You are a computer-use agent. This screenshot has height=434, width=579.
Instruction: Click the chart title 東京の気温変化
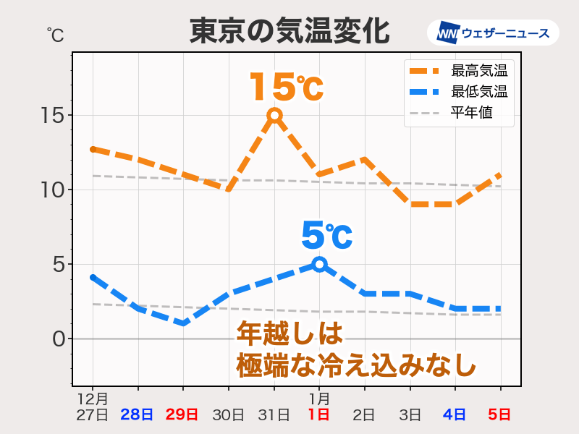pos(289,32)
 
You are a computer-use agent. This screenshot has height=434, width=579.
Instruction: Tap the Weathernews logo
pos(494,33)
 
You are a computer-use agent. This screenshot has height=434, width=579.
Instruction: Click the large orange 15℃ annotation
pos(285,88)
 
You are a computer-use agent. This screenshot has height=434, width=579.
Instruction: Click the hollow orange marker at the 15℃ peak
pos(274,115)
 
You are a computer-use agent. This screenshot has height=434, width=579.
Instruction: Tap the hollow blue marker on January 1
pos(319,264)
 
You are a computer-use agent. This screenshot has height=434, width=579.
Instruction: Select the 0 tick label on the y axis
pos(59,339)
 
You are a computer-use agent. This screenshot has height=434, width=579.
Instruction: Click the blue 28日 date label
pos(137,414)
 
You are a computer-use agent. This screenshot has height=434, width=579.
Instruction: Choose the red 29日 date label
pos(182,414)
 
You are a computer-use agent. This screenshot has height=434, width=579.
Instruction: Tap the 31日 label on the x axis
pos(274,414)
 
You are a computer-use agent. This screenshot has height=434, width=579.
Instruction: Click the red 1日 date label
pos(319,414)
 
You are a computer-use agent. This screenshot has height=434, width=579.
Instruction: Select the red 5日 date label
pos(500,414)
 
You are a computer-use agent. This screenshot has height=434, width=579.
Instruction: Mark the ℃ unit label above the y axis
pos(55,33)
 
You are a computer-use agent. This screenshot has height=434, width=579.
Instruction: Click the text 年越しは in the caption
pos(289,334)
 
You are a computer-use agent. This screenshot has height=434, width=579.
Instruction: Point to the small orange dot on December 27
pos(93,149)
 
